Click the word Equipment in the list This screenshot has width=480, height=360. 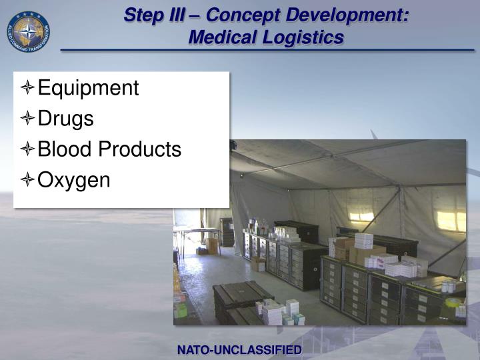88,88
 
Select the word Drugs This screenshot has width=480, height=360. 65,119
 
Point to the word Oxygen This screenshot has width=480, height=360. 73,180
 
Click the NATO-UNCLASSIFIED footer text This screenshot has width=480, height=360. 239,350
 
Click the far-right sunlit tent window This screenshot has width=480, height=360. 450,221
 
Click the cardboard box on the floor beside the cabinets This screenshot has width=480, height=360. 257,264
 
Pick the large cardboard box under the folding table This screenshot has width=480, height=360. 212,246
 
